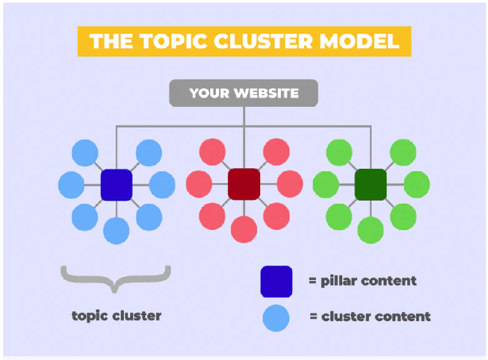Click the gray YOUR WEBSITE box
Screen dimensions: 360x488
pos(243,94)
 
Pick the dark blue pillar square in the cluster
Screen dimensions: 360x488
pos(116,185)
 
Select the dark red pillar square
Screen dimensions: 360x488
pos(244,184)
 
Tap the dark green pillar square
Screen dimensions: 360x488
pos(370,184)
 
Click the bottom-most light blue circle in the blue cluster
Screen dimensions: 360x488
pos(116,231)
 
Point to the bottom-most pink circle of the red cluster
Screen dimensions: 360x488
pos(244,229)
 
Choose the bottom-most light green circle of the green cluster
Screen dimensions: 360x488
pos(370,230)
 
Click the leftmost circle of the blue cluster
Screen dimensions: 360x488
pos(71,185)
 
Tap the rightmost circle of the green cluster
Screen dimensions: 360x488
pos(417,184)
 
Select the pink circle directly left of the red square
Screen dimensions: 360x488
pos(199,184)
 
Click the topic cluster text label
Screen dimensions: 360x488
pos(116,316)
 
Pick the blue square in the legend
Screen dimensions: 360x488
pos(276,281)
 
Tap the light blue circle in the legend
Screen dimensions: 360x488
pos(276,317)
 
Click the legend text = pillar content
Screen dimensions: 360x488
pos(362,281)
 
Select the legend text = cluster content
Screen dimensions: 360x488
pos(370,316)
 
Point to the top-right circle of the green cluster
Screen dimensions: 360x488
pos(403,152)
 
